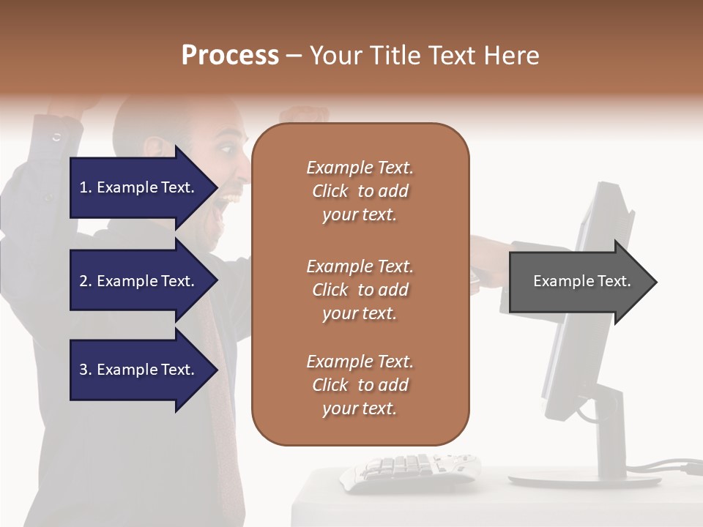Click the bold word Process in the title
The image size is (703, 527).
click(x=230, y=56)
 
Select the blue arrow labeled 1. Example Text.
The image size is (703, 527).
click(x=139, y=187)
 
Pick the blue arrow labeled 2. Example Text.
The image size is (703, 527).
click(x=139, y=281)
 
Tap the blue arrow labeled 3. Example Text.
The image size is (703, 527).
click(x=139, y=370)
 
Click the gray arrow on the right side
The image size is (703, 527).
click(x=582, y=282)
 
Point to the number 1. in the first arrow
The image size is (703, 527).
click(x=86, y=187)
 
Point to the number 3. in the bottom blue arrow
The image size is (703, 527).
click(x=86, y=370)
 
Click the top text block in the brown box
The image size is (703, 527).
click(x=360, y=191)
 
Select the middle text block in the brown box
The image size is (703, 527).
click(x=360, y=290)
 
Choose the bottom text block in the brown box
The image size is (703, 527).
click(x=360, y=385)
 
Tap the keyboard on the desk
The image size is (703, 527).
click(x=410, y=468)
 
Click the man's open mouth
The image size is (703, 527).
click(x=233, y=196)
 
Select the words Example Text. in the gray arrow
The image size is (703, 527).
click(x=582, y=281)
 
